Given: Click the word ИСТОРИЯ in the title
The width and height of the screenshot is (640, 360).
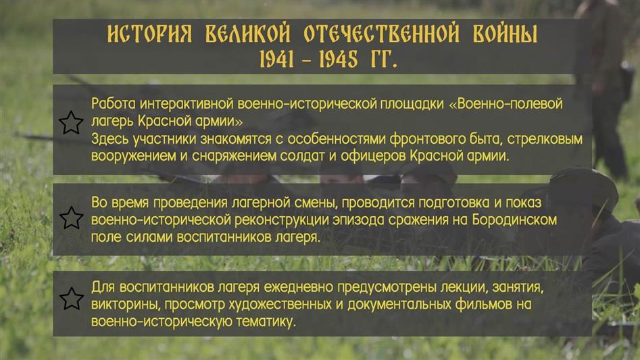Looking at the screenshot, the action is pos(149,34).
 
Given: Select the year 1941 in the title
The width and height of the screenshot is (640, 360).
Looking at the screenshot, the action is pos(276,59).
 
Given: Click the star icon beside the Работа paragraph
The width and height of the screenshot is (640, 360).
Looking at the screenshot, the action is pos(71,122).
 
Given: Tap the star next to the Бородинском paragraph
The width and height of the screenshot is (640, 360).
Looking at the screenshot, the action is pos(71,217).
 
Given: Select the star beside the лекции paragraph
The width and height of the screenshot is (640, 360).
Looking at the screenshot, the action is pos(71,299).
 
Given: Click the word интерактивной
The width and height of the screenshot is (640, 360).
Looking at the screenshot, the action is pos(187,104).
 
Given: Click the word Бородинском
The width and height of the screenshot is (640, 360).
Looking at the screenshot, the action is pos(515,220).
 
